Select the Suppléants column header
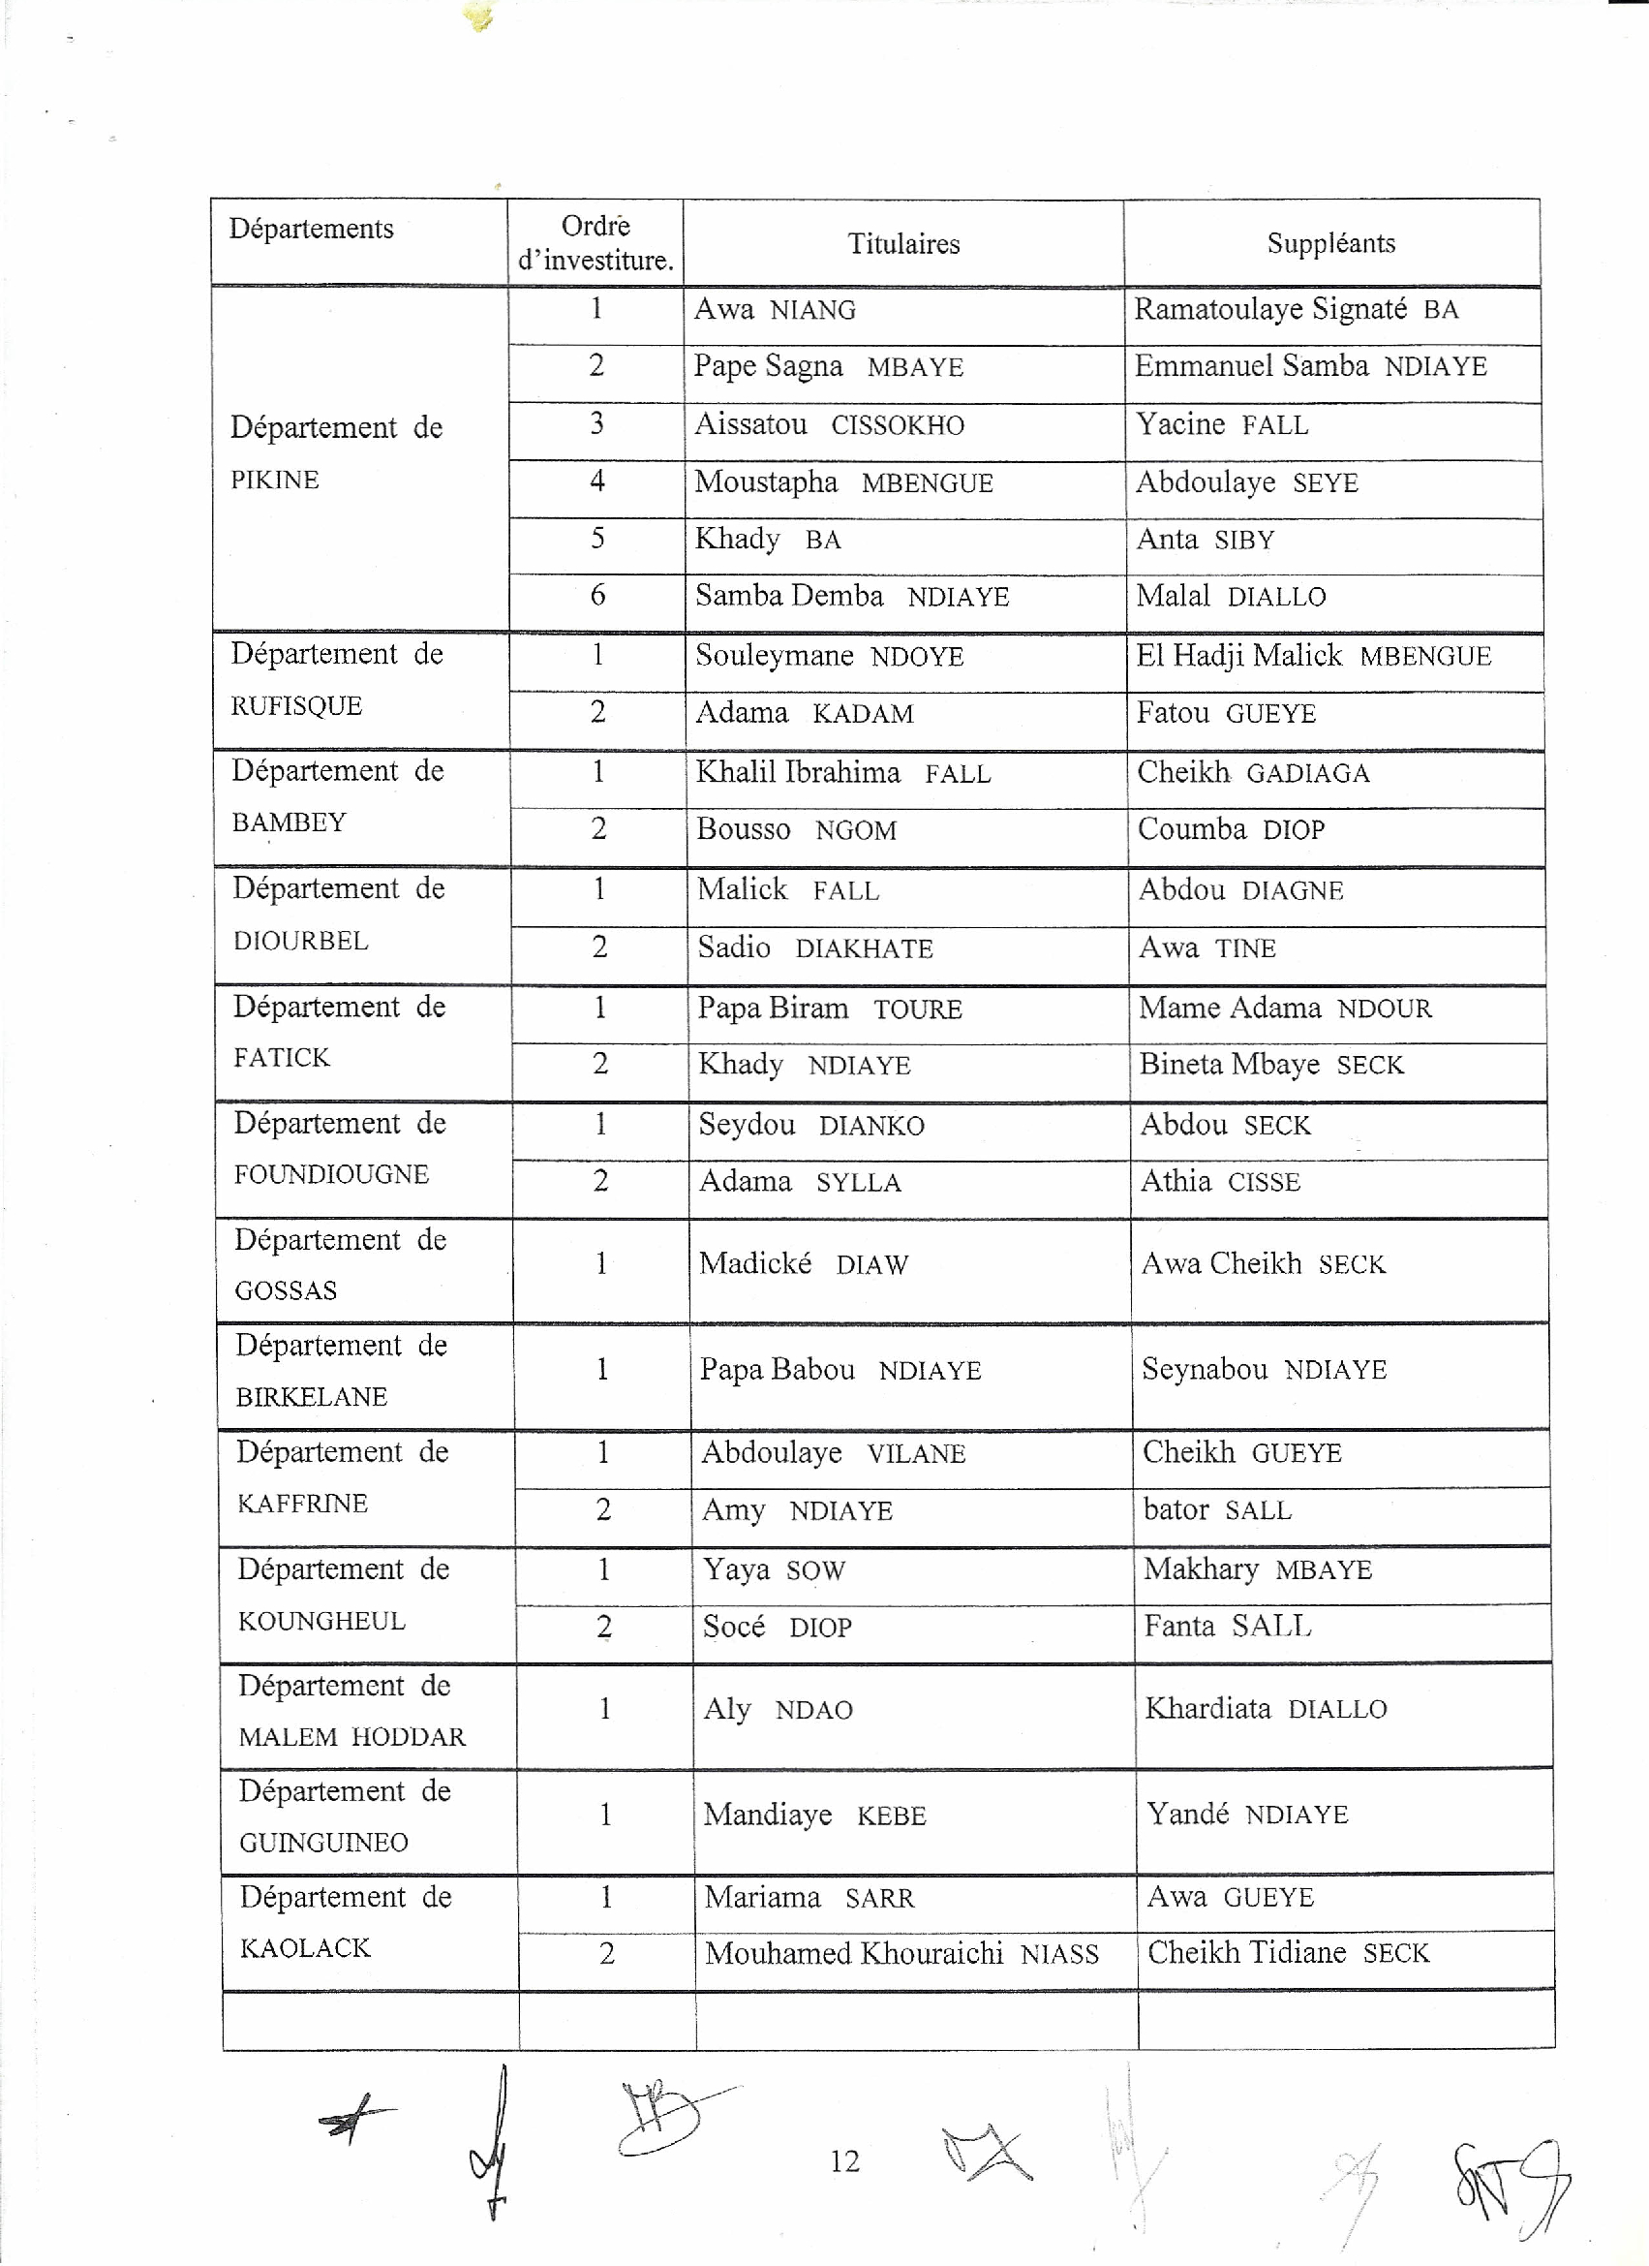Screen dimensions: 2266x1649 tap(1330, 243)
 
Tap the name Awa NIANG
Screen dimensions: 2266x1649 tap(774, 310)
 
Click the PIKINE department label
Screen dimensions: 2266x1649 tap(275, 480)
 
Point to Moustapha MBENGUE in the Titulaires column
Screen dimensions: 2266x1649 tap(843, 482)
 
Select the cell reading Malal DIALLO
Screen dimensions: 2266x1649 tap(1231, 597)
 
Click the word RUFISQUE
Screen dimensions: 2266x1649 tap(295, 706)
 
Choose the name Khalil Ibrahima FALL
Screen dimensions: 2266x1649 tap(843, 773)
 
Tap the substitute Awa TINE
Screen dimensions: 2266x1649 tap(1206, 947)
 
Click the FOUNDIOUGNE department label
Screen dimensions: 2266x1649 tap(330, 1174)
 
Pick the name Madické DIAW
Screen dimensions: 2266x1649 tap(803, 1264)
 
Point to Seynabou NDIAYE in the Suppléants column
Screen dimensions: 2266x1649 tap(1264, 1369)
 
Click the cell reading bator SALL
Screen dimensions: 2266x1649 tap(1216, 1509)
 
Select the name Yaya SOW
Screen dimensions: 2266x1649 tap(773, 1569)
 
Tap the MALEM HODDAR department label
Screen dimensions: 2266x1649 tap(351, 1737)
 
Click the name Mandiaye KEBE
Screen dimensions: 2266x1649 tap(814, 1815)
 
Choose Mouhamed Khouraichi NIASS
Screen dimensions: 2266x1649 tap(901, 1953)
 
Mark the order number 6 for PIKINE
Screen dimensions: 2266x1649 tap(597, 596)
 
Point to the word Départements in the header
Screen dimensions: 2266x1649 tap(312, 229)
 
